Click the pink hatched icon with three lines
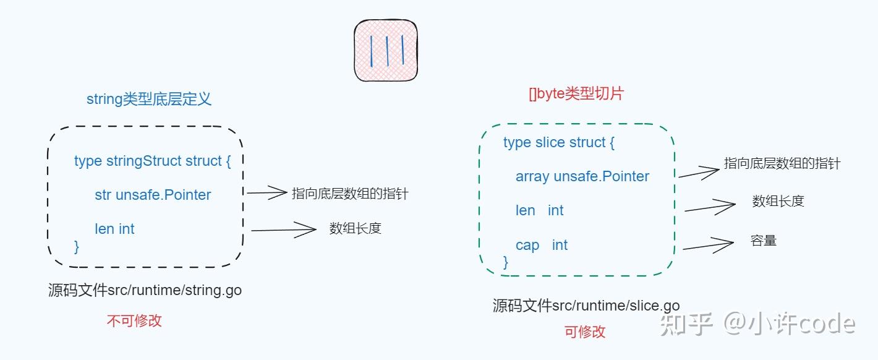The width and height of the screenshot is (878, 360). click(x=386, y=51)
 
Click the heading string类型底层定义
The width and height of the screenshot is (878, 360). click(x=149, y=99)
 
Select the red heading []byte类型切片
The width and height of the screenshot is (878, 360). click(x=576, y=94)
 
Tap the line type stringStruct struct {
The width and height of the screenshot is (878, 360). click(x=152, y=161)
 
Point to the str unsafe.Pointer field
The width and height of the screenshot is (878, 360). click(x=153, y=195)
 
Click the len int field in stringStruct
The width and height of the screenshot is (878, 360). click(x=114, y=229)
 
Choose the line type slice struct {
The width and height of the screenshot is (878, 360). click(x=559, y=142)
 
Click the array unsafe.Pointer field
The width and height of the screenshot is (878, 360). click(x=582, y=176)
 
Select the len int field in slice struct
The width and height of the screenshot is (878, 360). click(x=539, y=210)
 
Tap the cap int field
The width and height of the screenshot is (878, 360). click(x=541, y=245)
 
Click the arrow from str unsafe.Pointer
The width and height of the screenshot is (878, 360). click(x=267, y=193)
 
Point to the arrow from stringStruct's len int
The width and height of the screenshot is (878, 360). click(x=284, y=230)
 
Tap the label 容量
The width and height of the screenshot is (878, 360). click(x=764, y=241)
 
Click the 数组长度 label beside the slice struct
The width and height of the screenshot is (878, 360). click(x=778, y=201)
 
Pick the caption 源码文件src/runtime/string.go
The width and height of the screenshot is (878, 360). click(x=145, y=290)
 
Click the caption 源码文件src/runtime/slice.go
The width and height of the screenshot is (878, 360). click(x=586, y=305)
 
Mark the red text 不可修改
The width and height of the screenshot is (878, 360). click(x=134, y=320)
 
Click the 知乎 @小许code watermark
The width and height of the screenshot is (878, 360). click(x=758, y=324)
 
